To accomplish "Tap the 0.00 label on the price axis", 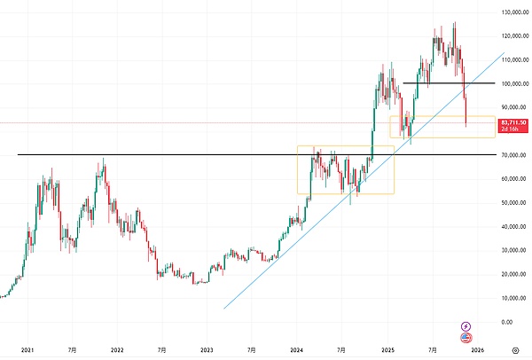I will (x=508, y=322).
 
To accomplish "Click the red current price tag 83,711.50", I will (x=513, y=122).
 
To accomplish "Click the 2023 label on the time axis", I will (x=207, y=350).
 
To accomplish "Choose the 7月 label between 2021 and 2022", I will (x=71, y=350).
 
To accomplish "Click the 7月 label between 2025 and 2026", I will (x=434, y=350).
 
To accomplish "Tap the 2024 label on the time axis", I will (x=297, y=350).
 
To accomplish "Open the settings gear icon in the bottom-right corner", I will (x=514, y=350).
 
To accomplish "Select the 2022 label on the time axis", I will (x=116, y=350).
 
